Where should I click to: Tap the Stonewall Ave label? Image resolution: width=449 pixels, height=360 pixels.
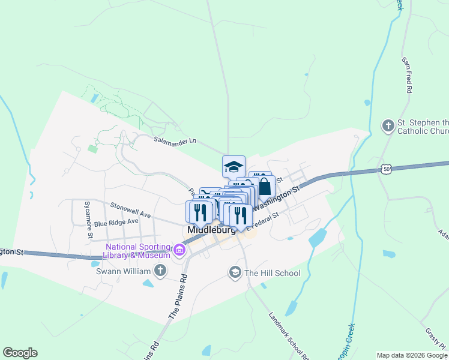131,209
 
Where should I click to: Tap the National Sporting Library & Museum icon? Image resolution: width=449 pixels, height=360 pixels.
179,250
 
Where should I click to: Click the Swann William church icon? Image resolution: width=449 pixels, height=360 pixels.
160,271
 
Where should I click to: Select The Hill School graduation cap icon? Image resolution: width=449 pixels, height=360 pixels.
235,273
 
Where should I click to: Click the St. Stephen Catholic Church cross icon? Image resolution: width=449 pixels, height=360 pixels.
388,126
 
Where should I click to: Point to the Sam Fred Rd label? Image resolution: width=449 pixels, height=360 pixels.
406,75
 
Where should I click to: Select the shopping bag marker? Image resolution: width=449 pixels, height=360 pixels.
264,186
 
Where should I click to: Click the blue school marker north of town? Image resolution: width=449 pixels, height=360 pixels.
234,166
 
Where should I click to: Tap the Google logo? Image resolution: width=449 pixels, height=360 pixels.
20,353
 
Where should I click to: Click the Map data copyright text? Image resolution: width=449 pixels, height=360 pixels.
412,355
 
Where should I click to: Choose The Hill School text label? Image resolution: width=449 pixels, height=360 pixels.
272,273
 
